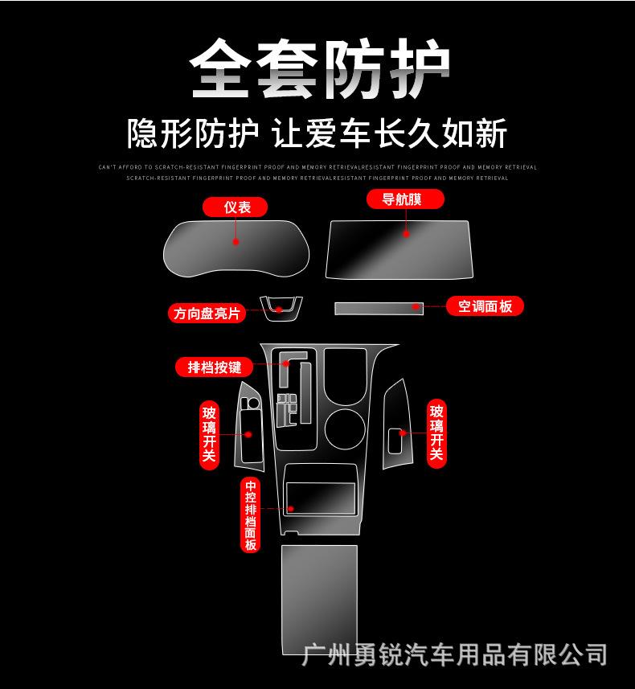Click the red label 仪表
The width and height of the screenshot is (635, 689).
237,207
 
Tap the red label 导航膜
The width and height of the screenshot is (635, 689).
406,199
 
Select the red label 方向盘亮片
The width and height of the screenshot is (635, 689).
207,313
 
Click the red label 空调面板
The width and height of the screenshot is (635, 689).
485,306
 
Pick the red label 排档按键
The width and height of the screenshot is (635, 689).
214,367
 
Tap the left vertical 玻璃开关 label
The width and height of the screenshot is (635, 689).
210,435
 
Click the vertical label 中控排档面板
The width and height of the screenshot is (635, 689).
251,515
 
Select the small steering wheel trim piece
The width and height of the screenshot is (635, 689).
281,307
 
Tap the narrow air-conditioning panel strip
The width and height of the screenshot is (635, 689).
378,307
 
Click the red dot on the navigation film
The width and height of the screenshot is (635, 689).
406,234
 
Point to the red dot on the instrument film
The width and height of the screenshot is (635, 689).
236,241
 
